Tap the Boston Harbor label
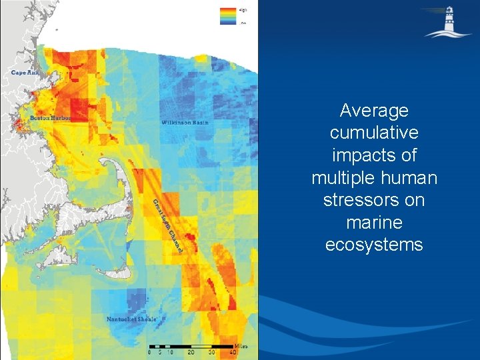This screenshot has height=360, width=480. (x=49, y=118)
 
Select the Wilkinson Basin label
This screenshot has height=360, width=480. (x=185, y=123)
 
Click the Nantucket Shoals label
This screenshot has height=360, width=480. (x=131, y=319)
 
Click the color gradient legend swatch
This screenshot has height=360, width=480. (x=228, y=16)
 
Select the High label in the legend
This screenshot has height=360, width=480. (x=243, y=10)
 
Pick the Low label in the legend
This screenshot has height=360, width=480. (x=243, y=23)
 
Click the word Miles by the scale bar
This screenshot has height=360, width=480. (x=241, y=347)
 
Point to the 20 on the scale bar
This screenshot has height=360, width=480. (x=191, y=353)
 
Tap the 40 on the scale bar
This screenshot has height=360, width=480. (x=233, y=353)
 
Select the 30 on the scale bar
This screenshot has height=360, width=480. (x=212, y=353)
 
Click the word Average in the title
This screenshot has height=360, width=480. (x=373, y=110)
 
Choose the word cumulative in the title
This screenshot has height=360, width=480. (x=373, y=133)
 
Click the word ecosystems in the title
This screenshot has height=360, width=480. (x=373, y=245)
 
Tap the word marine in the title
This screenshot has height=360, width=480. (x=373, y=223)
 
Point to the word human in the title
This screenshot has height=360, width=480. (x=406, y=178)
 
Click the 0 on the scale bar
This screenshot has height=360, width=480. (x=149, y=353)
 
